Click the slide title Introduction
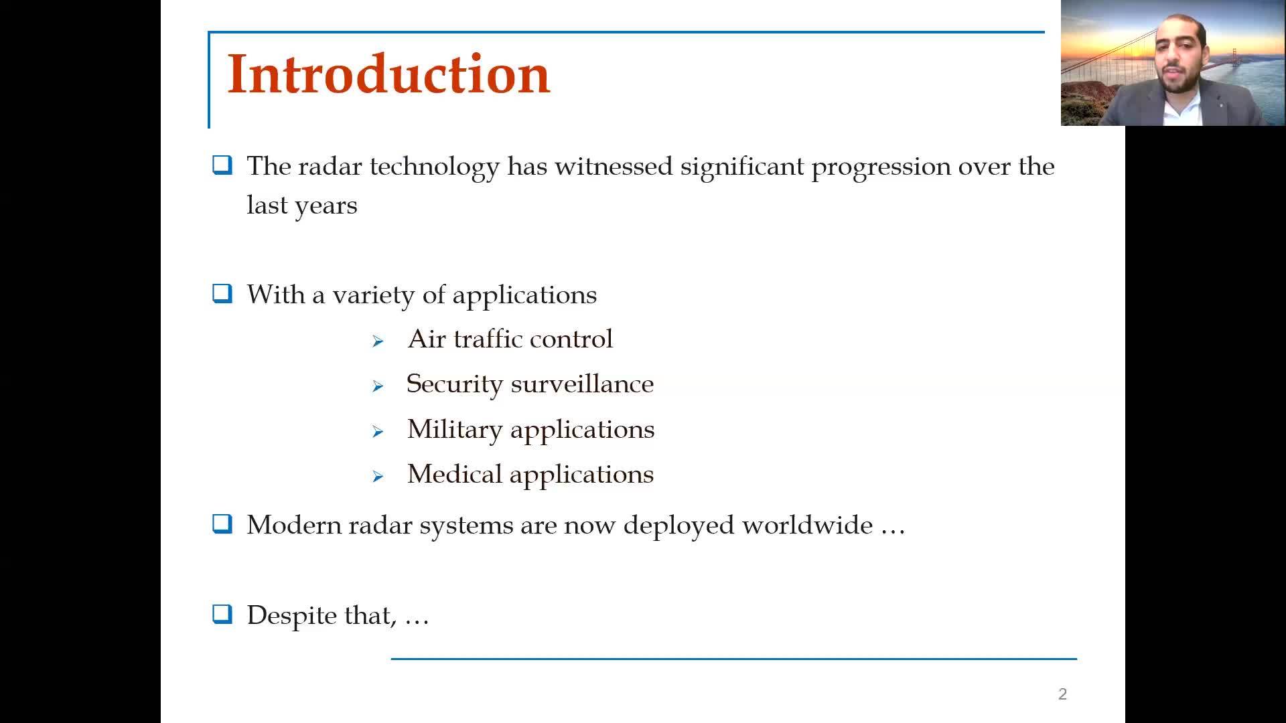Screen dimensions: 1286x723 [388, 74]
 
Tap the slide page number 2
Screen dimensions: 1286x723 [1062, 694]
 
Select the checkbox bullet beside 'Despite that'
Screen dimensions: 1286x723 [222, 614]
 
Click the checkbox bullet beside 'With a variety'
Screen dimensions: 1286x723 [222, 293]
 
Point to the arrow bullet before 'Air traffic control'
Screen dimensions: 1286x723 [378, 341]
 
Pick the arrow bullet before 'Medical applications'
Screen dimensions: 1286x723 [378, 477]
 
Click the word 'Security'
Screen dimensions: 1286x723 [455, 384]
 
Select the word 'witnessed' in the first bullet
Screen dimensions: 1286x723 [614, 166]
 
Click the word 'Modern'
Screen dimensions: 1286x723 [294, 525]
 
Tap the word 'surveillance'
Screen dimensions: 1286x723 [582, 384]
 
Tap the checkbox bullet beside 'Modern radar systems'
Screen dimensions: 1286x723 [222, 524]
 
